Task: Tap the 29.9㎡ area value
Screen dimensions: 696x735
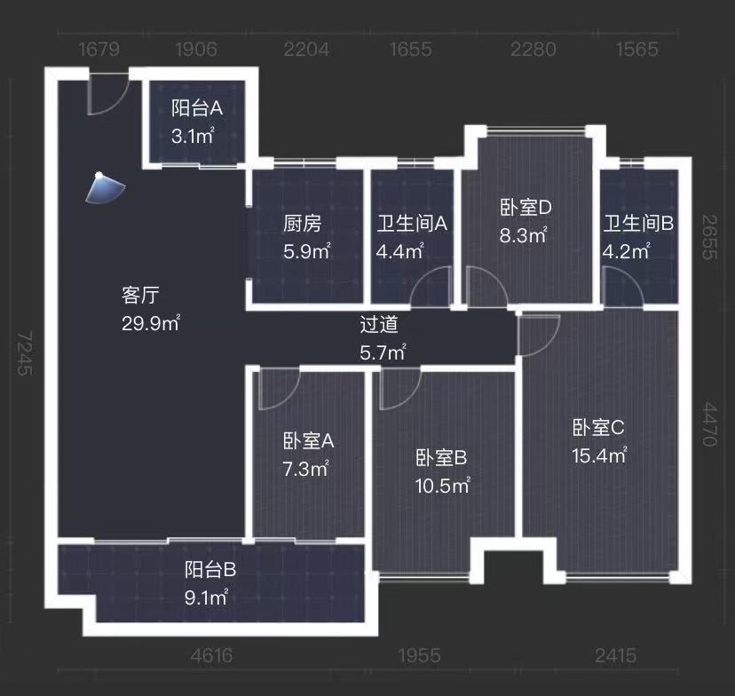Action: click(x=150, y=323)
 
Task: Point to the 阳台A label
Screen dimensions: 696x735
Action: click(x=196, y=108)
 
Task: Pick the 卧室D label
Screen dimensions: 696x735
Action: click(x=526, y=208)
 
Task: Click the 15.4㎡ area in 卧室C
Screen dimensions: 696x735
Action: click(x=599, y=455)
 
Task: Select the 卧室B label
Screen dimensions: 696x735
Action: click(x=441, y=458)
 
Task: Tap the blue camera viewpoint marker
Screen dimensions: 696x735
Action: click(x=105, y=187)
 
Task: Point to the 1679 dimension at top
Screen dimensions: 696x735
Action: click(x=99, y=49)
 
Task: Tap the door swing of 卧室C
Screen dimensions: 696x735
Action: click(x=537, y=332)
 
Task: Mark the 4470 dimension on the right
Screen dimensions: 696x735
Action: click(x=710, y=423)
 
